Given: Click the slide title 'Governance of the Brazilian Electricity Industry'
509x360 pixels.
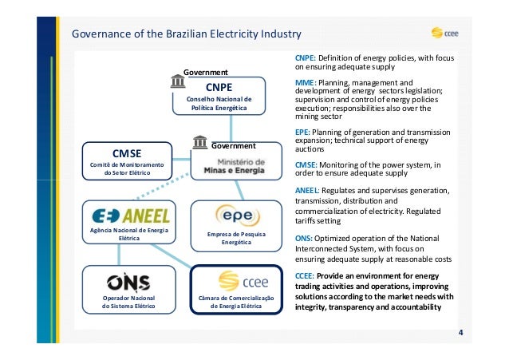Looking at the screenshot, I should pyautogui.click(x=186, y=34).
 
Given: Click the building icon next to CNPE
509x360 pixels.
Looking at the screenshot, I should pyautogui.click(x=176, y=81).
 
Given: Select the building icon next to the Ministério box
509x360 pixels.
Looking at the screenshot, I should pyautogui.click(x=200, y=143).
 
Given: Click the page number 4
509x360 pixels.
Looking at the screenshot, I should pyautogui.click(x=461, y=331).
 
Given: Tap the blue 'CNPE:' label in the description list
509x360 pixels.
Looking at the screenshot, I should pyautogui.click(x=306, y=59).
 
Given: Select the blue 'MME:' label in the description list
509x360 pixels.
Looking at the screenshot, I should pyautogui.click(x=306, y=83).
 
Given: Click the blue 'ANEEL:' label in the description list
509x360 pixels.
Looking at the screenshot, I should pyautogui.click(x=308, y=191).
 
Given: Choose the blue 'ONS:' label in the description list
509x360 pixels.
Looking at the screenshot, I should pyautogui.click(x=304, y=238).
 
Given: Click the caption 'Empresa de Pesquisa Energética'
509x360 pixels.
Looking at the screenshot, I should pyautogui.click(x=236, y=237).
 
